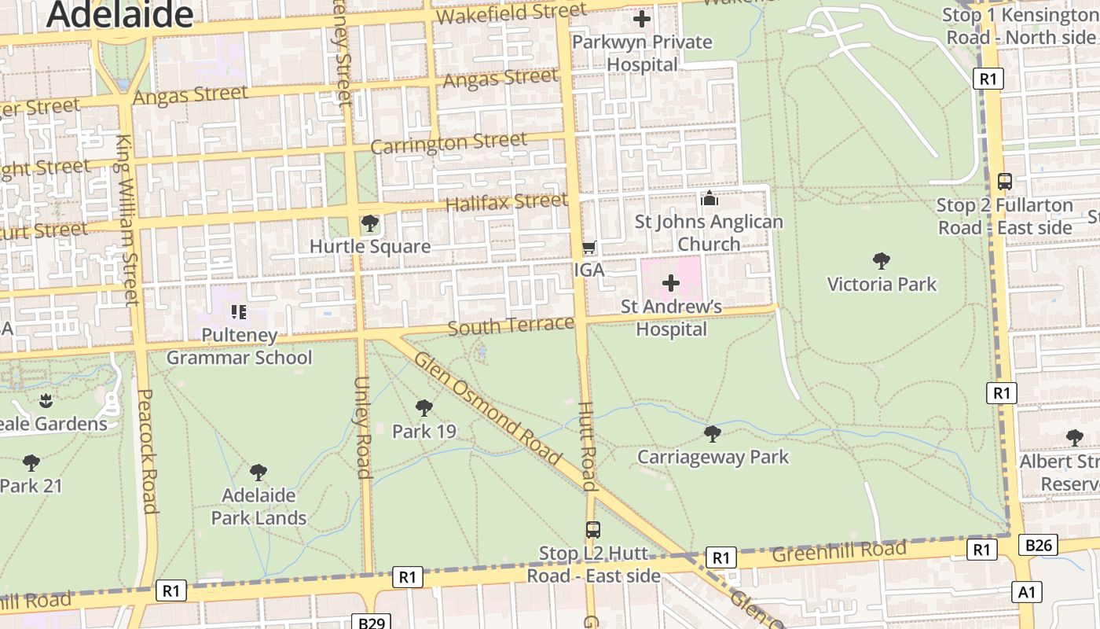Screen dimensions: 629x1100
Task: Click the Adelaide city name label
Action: coord(119,14)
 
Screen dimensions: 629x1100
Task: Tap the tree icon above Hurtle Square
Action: coord(369,224)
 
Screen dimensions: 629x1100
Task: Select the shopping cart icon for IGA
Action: coord(588,248)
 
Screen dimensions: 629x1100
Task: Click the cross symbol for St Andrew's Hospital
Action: coord(671,282)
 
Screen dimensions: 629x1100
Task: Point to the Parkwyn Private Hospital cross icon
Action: coord(642,19)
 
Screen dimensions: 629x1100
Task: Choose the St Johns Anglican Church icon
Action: coord(709,199)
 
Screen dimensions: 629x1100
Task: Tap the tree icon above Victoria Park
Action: coord(882,261)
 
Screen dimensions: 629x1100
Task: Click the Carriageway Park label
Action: coord(713,457)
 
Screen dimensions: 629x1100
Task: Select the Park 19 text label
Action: coord(424,431)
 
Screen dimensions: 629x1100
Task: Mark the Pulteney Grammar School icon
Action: coord(240,312)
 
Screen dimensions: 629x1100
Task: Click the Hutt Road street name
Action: coord(588,446)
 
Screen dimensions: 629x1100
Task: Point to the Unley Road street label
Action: coord(362,427)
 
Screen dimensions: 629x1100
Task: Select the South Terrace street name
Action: coord(511,326)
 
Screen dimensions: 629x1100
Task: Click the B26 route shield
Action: coord(1038,545)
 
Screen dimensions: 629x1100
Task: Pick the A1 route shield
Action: coord(1026,591)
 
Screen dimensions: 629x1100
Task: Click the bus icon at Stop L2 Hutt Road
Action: coord(592,530)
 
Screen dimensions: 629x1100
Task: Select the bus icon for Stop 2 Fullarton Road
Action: coord(1004,182)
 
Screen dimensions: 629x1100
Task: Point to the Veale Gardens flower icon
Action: coord(46,400)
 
